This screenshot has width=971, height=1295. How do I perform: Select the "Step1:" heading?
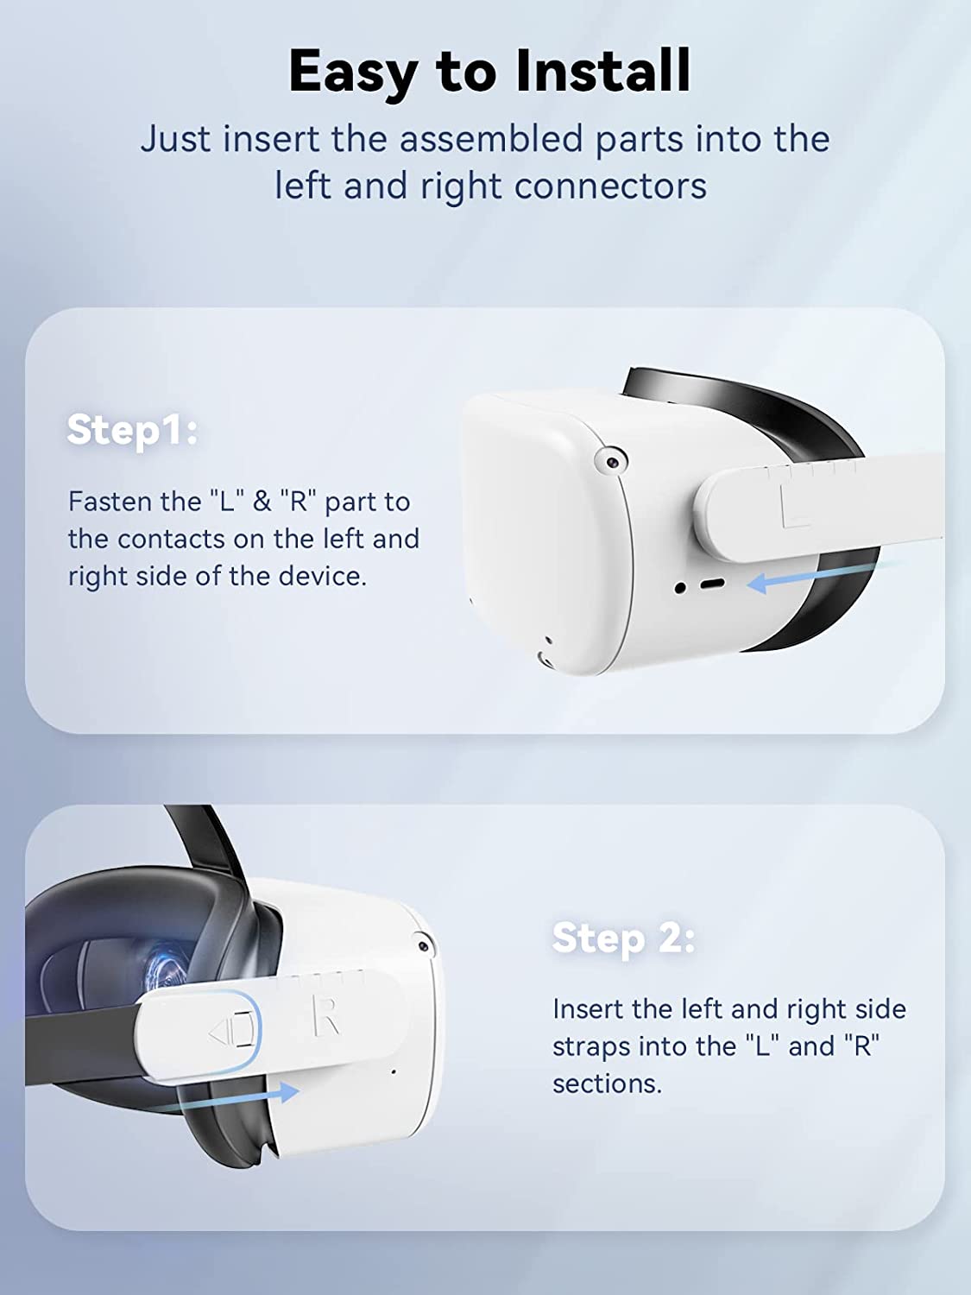132,430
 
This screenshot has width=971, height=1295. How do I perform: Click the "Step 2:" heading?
623,938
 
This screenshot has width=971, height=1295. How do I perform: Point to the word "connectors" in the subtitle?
610,186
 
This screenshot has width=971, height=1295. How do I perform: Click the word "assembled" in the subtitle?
492,139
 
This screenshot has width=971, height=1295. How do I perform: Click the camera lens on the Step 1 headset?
611,462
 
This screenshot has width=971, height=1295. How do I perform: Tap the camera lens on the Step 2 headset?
422,947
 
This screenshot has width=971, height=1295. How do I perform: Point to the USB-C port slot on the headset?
712,584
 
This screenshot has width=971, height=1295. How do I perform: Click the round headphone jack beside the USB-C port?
680,588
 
